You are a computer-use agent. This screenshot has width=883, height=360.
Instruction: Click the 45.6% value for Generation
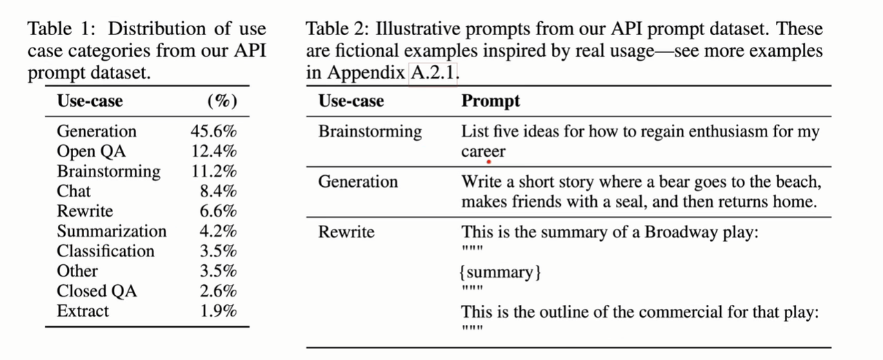point(213,131)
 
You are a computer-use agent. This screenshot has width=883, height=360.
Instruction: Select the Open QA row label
point(91,151)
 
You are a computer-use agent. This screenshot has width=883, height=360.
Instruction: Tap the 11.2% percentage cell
point(214,171)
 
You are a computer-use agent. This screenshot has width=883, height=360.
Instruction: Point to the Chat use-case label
point(74,191)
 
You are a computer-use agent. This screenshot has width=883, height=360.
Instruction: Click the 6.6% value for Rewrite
point(218,211)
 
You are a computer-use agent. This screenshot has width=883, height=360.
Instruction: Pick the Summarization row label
point(112,231)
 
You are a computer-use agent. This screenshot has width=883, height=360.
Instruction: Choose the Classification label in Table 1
point(106,251)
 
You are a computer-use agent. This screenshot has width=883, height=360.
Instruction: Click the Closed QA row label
point(97,291)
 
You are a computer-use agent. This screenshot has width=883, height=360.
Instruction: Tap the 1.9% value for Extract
point(218,311)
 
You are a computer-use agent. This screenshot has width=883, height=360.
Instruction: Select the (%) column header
point(222,101)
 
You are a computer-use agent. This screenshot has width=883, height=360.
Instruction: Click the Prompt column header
point(490,101)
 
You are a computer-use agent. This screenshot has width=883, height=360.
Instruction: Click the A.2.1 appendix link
point(433,72)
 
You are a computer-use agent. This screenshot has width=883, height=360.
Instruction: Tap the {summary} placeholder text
point(501,272)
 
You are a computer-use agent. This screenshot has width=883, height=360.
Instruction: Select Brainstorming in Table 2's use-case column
point(370,131)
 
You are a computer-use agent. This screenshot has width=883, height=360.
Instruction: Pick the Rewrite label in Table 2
point(346,232)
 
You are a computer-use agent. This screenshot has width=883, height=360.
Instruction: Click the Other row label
point(77,271)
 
